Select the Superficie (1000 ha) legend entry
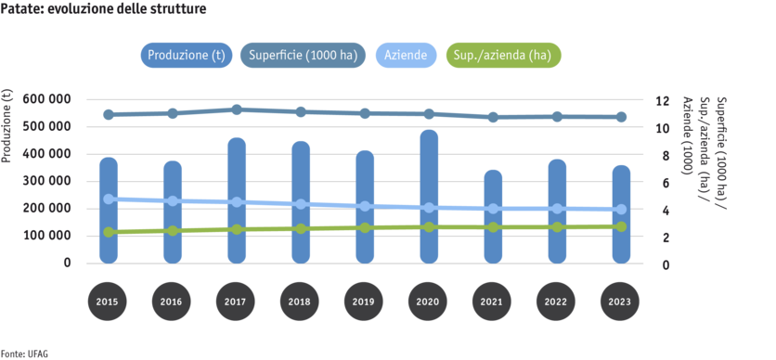click(x=304, y=55)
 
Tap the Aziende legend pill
click(x=406, y=55)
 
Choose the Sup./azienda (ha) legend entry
click(x=503, y=55)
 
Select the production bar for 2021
click(x=493, y=217)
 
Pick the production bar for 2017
click(x=237, y=200)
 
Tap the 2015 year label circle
click(x=109, y=302)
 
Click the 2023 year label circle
click(x=621, y=302)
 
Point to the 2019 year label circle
click(x=365, y=302)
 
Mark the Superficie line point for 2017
click(x=237, y=109)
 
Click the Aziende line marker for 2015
click(x=109, y=199)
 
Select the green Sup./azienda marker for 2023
click(x=621, y=226)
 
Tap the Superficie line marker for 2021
click(x=493, y=117)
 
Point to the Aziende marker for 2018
click(x=301, y=204)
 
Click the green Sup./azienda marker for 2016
click(x=173, y=231)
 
